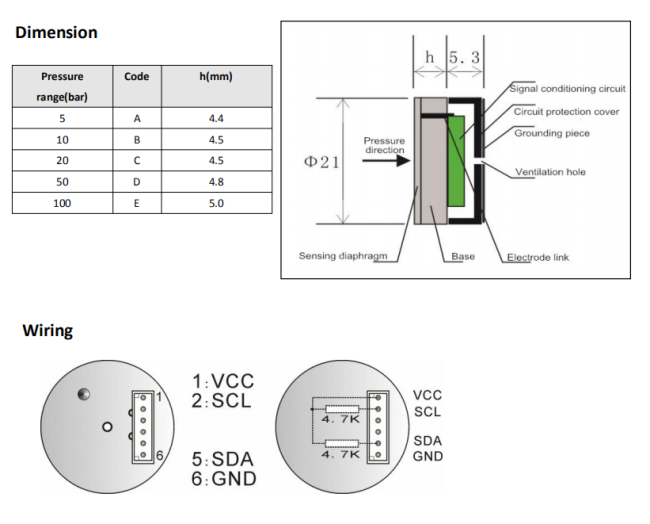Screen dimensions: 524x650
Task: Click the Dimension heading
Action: click(x=56, y=32)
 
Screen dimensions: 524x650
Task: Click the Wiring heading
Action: click(x=47, y=331)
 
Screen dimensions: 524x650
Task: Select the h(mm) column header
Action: click(x=216, y=77)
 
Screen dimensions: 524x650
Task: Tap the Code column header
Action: click(x=137, y=77)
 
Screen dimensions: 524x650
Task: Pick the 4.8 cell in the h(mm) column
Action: click(x=216, y=182)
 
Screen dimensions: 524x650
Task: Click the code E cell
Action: click(x=137, y=203)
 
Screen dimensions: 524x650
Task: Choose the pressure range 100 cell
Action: click(x=62, y=203)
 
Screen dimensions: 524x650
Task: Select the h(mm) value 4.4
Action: click(x=216, y=118)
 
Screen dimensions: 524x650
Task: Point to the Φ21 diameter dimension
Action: click(x=322, y=161)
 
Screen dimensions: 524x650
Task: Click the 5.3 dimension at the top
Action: click(x=464, y=59)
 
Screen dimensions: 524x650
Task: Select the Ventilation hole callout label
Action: click(x=550, y=172)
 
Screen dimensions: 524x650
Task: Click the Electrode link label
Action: click(x=537, y=257)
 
